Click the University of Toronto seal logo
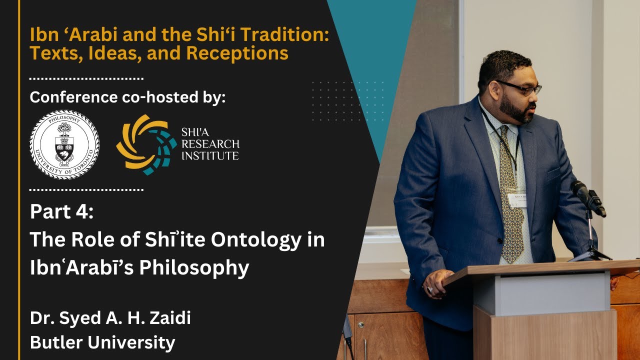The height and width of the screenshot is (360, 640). click(64, 144)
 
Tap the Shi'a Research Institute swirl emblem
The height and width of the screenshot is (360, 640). click(146, 144)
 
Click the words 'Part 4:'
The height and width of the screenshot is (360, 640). click(61, 211)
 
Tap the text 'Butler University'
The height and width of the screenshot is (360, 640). click(102, 342)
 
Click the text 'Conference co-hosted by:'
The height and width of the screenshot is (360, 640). click(127, 97)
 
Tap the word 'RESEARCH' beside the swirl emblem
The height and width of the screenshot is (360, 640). click(210, 144)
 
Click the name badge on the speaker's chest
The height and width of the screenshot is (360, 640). click(516, 198)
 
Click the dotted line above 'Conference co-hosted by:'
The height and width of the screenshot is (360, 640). click(86, 78)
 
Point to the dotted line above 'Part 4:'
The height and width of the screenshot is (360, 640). click(86, 190)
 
